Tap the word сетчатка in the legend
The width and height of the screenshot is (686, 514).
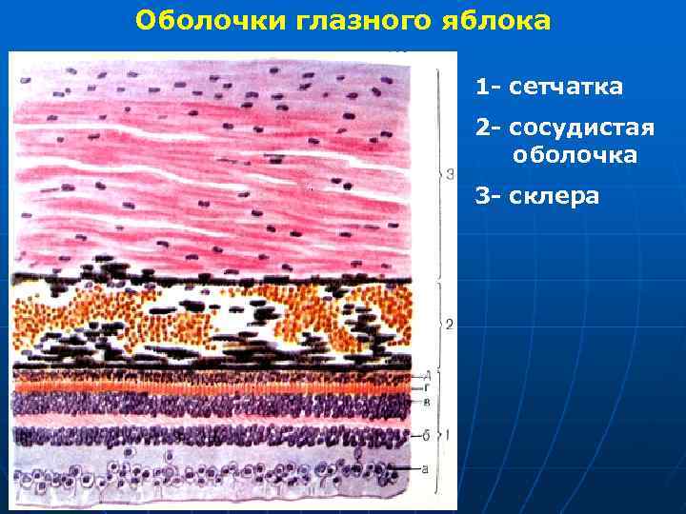[566, 88]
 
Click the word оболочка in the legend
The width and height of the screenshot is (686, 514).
[575, 154]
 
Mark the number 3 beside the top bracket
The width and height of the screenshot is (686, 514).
[450, 174]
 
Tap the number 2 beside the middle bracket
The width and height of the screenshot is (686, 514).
[449, 325]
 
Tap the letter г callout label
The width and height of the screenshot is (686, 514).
[427, 388]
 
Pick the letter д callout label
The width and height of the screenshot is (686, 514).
[427, 373]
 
